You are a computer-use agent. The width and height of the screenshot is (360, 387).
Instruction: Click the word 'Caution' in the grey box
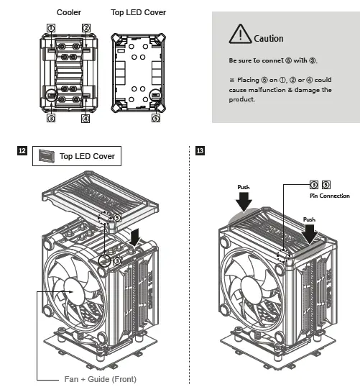269,38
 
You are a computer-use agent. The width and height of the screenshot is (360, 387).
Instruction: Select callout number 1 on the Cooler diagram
51,27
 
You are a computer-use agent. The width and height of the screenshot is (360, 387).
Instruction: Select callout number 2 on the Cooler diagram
86,27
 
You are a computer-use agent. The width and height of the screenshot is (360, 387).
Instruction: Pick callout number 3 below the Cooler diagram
51,117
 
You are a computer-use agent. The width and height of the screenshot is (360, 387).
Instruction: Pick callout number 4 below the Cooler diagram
86,117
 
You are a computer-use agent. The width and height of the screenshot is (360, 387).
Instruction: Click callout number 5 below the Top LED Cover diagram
156,117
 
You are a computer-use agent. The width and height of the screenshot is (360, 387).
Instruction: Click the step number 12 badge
22,151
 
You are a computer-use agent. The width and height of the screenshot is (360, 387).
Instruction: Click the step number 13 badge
200,151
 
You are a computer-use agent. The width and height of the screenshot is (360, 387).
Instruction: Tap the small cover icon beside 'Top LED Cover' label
47,155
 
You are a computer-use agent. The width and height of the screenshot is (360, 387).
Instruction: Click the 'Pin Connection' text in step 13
329,196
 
